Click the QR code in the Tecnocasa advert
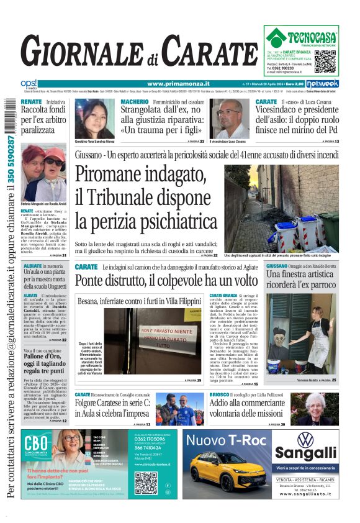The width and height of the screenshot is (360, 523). pos(325,61)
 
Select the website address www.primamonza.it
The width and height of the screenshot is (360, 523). pos(178,84)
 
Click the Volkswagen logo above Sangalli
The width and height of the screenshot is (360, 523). pos(305,440)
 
